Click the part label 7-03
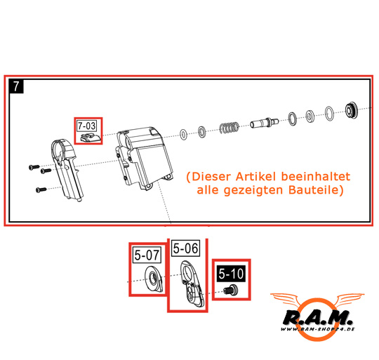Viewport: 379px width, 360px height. coord(87,126)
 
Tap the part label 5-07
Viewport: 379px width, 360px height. coord(147,255)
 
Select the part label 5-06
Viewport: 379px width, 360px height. coord(185,248)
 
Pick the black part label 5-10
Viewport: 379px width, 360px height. coord(231,274)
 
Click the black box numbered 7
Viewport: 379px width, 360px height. coord(16,86)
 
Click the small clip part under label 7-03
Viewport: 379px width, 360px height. coord(90,138)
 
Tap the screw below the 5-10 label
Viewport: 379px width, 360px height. coord(230,290)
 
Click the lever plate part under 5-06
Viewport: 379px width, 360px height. coord(192,284)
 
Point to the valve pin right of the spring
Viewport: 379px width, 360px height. coord(264,122)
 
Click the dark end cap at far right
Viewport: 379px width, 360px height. coord(351,110)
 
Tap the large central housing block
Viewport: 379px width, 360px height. coord(144,159)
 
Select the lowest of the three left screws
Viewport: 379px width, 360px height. coord(41,189)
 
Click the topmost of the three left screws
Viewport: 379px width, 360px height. coord(34,167)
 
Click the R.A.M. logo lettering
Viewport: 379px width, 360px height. coord(317,318)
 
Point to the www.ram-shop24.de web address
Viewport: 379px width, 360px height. coord(317,329)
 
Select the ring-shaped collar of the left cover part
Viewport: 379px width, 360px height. coord(60,149)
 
